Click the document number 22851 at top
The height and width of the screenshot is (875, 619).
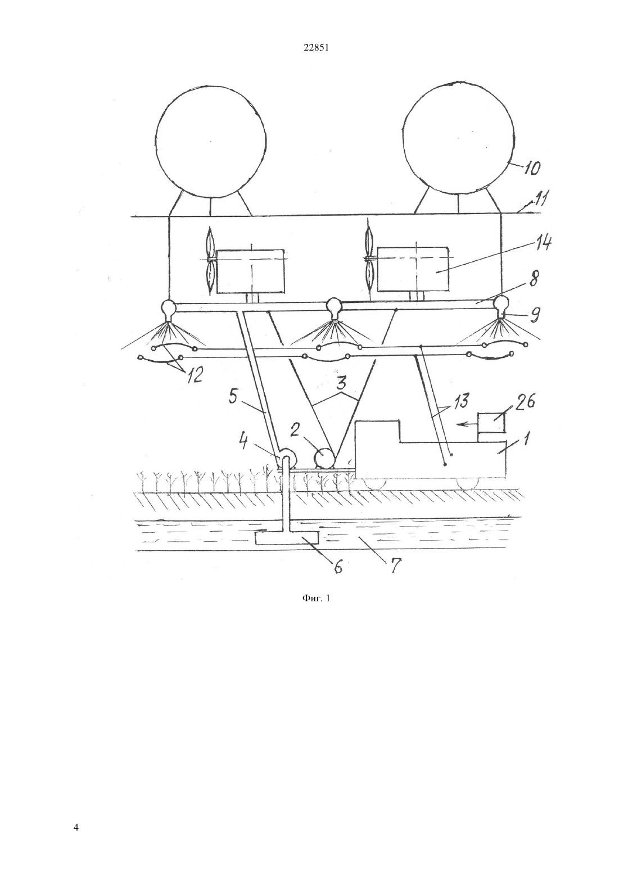[x=316, y=48]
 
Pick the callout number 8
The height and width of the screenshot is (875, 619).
[x=534, y=279]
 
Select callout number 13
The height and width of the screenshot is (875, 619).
[x=462, y=402]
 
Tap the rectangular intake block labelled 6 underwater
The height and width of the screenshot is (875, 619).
[x=286, y=539]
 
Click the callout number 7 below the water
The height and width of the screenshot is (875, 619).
[x=394, y=565]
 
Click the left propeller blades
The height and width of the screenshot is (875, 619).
[x=211, y=261]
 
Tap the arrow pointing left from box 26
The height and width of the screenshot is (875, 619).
[x=468, y=424]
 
